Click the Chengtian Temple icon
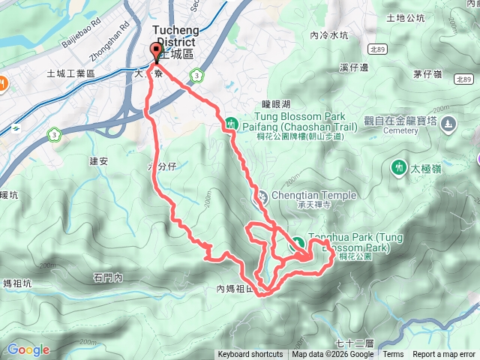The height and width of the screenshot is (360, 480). pyautogui.click(x=262, y=196)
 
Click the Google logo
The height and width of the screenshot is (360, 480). pyautogui.click(x=28, y=349)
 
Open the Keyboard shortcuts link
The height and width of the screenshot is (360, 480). pyautogui.click(x=250, y=355)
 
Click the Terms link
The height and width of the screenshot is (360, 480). pyautogui.click(x=393, y=355)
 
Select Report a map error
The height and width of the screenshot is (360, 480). pyautogui.click(x=444, y=355)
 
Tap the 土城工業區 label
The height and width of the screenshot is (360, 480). pyautogui.click(x=70, y=73)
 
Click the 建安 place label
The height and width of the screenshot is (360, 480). pyautogui.click(x=99, y=160)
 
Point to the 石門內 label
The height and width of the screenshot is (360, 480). pyautogui.click(x=108, y=277)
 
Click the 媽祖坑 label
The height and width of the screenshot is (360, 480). pyautogui.click(x=16, y=283)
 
